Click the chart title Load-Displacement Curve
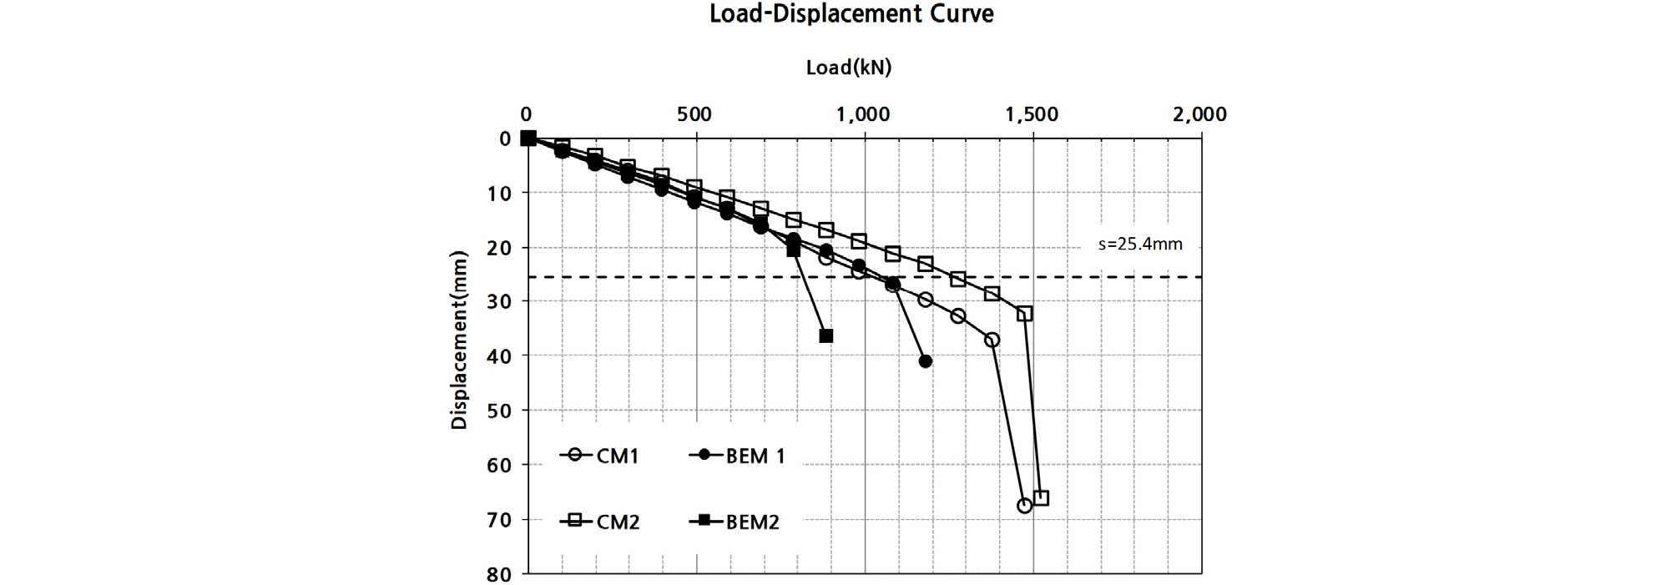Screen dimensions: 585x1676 pos(851,14)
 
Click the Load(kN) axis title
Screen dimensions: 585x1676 pos(848,68)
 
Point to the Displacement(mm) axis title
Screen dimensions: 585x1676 pos(459,340)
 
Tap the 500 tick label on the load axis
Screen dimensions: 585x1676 pos(694,114)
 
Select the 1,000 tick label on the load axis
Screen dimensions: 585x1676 pos(863,114)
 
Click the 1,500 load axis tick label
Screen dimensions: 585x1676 pos(1032,114)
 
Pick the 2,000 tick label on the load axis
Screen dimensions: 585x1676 pos(1199,114)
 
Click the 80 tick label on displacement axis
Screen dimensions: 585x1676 pos(499,574)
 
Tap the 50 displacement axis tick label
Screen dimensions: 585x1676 pos(499,411)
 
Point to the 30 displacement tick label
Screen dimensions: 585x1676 pos(499,302)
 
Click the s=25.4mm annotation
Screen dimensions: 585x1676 pos(1140,245)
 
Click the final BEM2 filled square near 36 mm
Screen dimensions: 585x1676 pos(826,336)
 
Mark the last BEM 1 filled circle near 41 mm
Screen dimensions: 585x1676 pos(925,361)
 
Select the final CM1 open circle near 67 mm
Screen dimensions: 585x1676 pos(1025,506)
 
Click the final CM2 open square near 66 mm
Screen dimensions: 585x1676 pos(1041,498)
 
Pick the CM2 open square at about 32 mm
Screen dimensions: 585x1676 pos(1025,314)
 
